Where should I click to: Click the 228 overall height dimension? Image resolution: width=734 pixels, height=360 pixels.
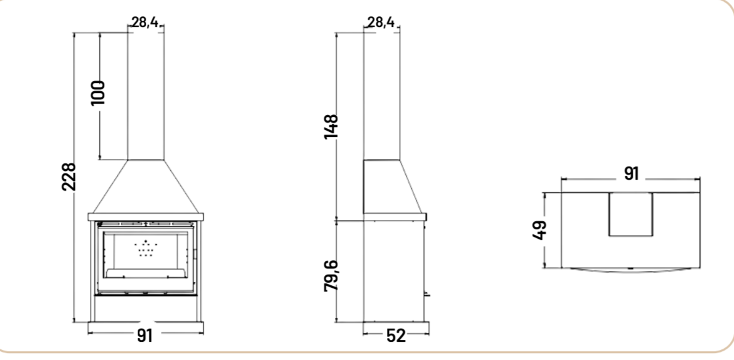68,177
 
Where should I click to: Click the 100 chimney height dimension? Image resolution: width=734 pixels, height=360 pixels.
98,92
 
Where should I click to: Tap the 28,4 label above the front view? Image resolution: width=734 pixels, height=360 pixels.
145,22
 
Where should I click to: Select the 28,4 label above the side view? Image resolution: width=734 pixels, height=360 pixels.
381,22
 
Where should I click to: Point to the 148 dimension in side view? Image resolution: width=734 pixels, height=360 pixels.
331,126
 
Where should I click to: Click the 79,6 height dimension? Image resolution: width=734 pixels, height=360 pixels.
331,276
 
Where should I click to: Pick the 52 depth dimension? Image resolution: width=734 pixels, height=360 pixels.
396,335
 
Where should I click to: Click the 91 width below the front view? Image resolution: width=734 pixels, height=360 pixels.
145,335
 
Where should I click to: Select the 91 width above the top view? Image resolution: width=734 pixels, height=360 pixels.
631,173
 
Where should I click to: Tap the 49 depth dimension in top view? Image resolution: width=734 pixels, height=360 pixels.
540,230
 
